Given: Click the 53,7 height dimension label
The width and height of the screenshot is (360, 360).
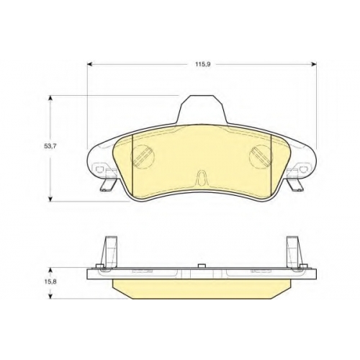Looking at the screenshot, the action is point(50,146).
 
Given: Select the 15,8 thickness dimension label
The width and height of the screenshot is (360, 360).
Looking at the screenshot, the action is point(50,282).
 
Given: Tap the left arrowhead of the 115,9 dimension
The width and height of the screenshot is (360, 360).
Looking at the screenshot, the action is point(90,64).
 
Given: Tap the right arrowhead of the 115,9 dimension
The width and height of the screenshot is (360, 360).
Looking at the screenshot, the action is point(314,64).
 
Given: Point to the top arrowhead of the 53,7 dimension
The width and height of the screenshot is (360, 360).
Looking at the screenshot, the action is point(50,99).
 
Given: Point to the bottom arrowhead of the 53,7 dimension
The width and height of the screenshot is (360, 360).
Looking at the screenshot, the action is point(50,199).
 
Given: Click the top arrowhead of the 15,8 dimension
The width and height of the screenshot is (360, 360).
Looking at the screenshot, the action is point(50,271).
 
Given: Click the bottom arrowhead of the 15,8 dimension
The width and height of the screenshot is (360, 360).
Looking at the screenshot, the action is point(50,296).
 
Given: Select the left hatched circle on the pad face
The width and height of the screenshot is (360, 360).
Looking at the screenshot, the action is point(143,157).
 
